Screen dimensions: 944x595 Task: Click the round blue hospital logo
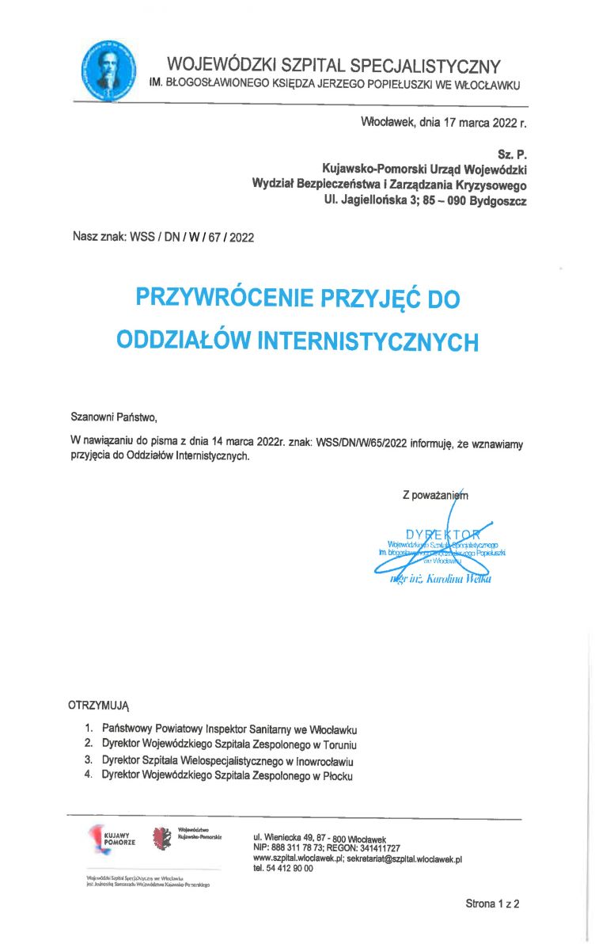click(x=110, y=69)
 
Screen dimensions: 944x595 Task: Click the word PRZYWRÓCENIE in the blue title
click(x=222, y=299)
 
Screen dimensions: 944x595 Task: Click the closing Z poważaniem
click(x=434, y=496)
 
